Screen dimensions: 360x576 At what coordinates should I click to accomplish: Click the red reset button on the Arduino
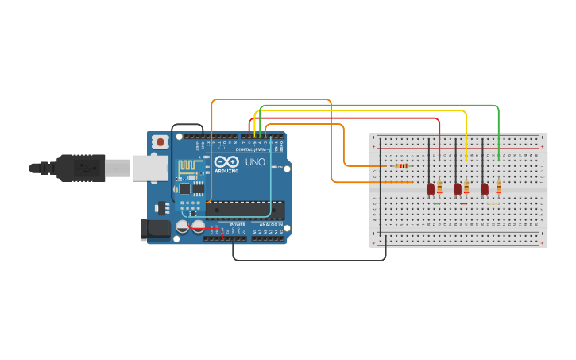tap(160, 141)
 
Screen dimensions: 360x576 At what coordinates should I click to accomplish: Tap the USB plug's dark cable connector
tap(80, 168)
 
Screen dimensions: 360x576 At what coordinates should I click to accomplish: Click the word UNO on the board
tap(255, 162)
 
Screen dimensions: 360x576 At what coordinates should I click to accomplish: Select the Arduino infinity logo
tap(226, 161)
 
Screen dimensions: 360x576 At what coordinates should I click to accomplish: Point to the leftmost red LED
tap(431, 188)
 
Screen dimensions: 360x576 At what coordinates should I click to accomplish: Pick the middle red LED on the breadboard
tap(457, 188)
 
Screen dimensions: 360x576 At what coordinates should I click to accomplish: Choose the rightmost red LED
tap(484, 188)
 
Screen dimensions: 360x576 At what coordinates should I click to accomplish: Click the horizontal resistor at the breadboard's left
tap(402, 165)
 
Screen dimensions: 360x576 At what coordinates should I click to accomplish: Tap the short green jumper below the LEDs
tap(437, 203)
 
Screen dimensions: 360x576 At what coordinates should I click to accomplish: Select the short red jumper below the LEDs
tap(463, 203)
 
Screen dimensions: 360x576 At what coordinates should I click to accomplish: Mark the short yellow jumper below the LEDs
tap(493, 203)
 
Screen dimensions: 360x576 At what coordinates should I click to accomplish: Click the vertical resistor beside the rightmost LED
tap(498, 188)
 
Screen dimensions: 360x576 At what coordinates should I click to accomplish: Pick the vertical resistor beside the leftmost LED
tap(439, 188)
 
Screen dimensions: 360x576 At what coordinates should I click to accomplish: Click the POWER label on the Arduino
tap(238, 225)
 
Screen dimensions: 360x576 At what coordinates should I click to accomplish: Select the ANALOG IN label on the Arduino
tap(269, 225)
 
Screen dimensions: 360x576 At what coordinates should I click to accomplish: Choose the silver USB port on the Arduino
tap(149, 168)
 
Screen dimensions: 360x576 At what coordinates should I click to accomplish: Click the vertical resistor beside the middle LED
tap(466, 188)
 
